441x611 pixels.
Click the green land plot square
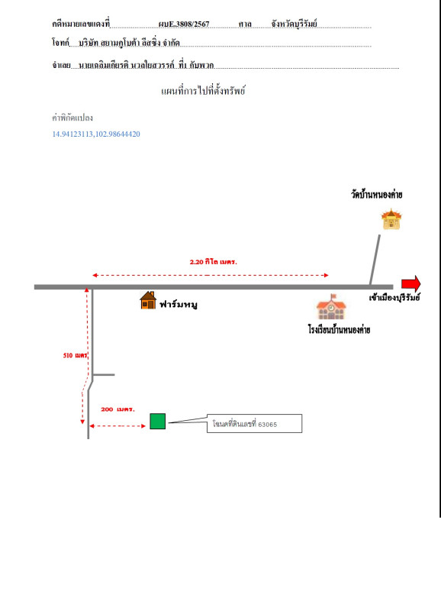[x=158, y=422]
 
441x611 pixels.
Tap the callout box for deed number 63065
[x=254, y=424]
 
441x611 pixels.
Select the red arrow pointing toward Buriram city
[x=411, y=283]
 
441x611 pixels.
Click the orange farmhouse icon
[x=148, y=300]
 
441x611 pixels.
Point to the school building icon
[x=331, y=307]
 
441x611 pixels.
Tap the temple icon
[x=391, y=219]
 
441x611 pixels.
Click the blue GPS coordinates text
[x=96, y=134]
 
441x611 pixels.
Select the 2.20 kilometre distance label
[x=214, y=262]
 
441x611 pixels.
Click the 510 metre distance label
[x=75, y=355]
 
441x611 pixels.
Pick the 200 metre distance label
[x=117, y=409]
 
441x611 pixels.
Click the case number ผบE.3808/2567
[x=184, y=24]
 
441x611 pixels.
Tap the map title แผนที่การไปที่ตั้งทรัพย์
[x=203, y=91]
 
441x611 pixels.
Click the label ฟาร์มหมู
[x=179, y=304]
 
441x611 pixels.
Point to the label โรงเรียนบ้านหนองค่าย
[x=339, y=330]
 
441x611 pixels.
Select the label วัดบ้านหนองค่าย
[x=377, y=194]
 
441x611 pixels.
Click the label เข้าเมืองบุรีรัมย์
[x=394, y=298]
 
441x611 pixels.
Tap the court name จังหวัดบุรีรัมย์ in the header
[x=295, y=24]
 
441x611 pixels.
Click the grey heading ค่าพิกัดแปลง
[x=72, y=118]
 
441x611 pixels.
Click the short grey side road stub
[x=104, y=375]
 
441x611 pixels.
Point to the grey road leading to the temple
[x=375, y=260]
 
